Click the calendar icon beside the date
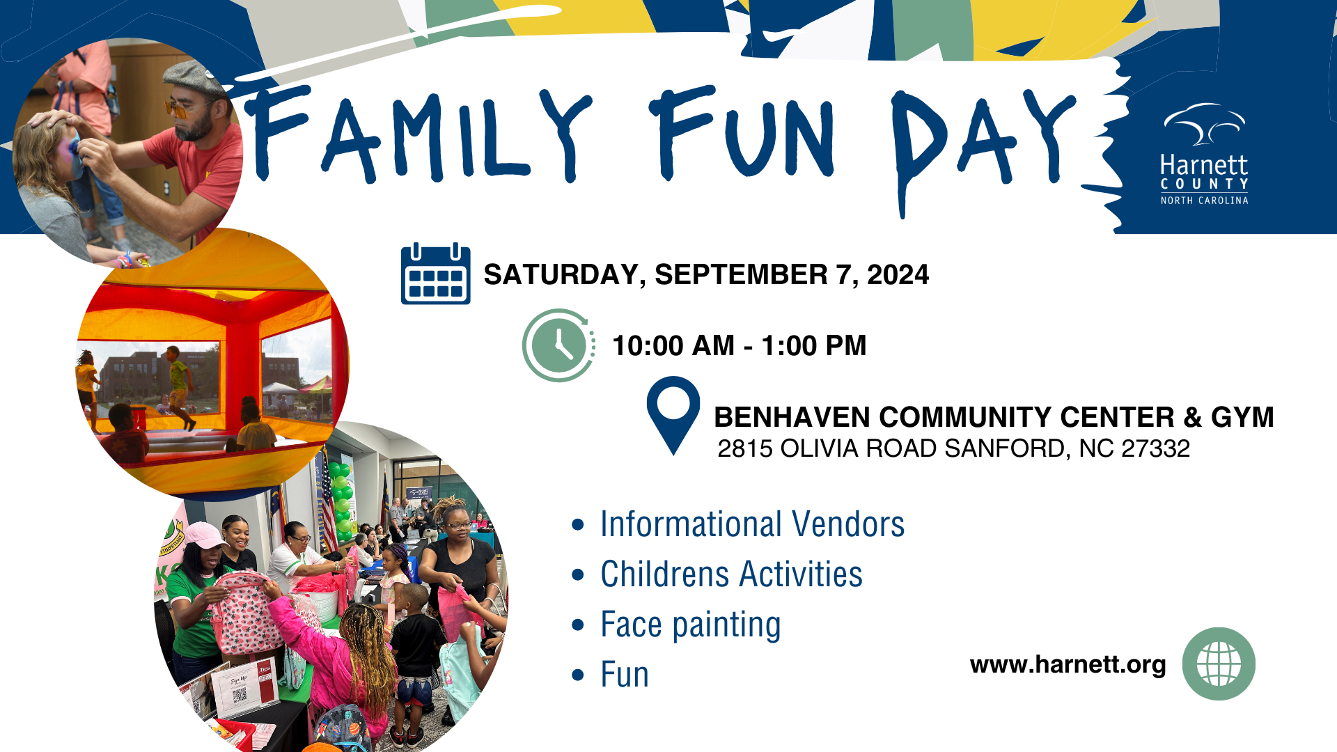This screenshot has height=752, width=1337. (435, 274)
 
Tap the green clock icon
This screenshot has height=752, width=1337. (558, 345)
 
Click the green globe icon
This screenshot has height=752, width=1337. (1219, 664)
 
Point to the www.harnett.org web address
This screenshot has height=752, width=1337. (1068, 664)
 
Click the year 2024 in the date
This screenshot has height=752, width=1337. (898, 275)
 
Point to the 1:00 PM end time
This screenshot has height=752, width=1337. (813, 346)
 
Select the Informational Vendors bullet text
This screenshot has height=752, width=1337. (752, 524)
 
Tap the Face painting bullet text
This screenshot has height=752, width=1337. (690, 625)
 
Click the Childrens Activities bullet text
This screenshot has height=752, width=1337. (731, 574)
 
